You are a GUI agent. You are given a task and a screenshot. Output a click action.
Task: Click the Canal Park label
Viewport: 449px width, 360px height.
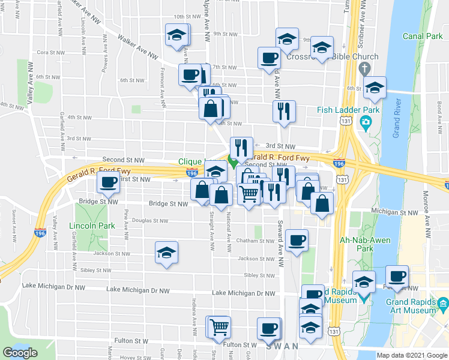click(x=422, y=37)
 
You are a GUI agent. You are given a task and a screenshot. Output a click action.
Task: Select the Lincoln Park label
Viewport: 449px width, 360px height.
click(x=92, y=226)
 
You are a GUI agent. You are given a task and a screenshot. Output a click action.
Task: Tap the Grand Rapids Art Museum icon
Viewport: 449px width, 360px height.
click(x=443, y=303)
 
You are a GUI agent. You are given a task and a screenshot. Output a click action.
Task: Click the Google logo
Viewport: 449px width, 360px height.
click(x=20, y=353)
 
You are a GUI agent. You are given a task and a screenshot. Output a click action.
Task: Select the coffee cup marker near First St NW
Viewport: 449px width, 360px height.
click(x=108, y=182)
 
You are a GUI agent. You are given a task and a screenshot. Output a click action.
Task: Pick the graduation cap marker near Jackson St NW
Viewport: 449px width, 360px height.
click(x=166, y=252)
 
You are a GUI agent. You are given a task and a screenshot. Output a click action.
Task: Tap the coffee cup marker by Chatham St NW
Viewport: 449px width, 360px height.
click(x=297, y=240)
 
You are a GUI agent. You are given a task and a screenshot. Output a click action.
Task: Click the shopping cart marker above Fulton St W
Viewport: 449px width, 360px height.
click(x=220, y=327)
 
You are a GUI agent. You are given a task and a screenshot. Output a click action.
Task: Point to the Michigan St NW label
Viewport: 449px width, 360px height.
click(x=394, y=212)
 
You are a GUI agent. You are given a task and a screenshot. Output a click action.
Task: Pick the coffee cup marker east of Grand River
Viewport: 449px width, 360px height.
click(x=397, y=276)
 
